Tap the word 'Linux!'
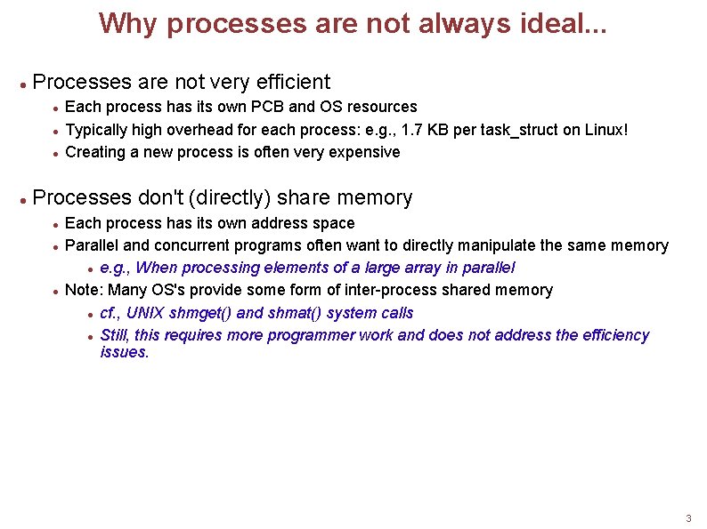point(606,130)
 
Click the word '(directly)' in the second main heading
point(229,197)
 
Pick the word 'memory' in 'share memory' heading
point(375,197)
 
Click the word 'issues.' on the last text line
point(125,352)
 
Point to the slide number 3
point(688,518)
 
